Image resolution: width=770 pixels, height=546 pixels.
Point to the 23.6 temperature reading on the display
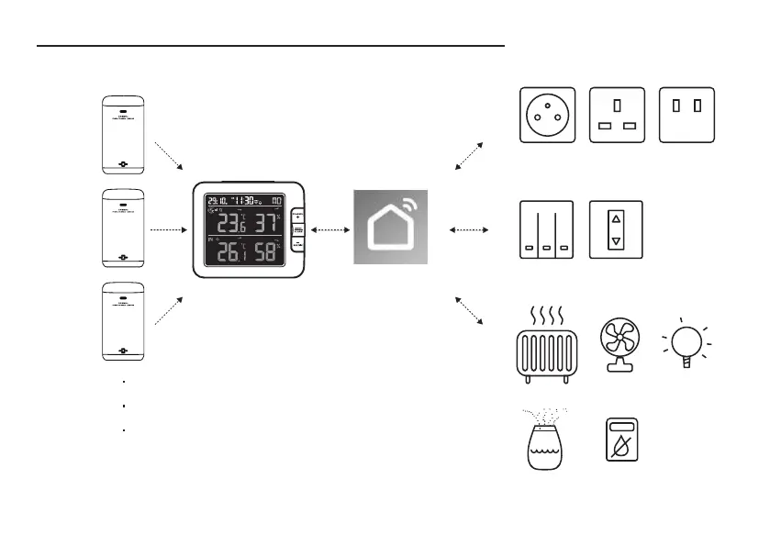click(227, 223)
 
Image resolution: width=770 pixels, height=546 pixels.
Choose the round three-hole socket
click(548, 115)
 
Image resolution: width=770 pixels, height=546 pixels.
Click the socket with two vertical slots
click(686, 115)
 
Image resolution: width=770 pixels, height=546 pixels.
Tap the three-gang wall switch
click(546, 230)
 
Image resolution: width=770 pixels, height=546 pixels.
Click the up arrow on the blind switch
click(616, 219)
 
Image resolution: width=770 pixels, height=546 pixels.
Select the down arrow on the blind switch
click(616, 240)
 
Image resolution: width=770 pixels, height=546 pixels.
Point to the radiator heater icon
click(546, 347)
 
